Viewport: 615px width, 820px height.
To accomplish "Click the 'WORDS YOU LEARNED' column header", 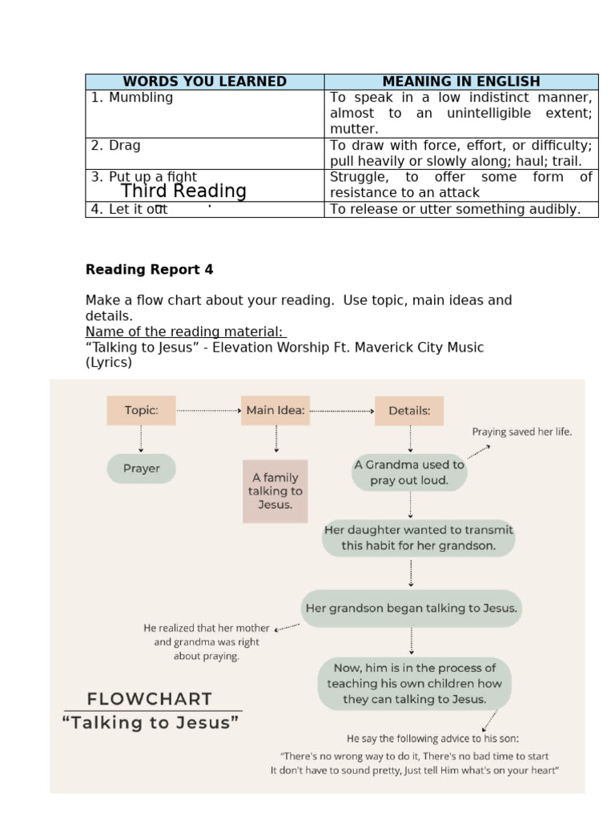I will click(204, 82).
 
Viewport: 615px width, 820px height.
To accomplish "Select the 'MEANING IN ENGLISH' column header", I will click(461, 82).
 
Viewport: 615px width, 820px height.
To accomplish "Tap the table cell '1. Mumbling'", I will click(204, 113).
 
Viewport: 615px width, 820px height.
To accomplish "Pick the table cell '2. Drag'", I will click(204, 153).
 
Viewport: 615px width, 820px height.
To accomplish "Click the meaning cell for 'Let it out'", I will click(461, 209).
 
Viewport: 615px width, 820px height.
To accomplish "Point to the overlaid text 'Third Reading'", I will click(183, 191).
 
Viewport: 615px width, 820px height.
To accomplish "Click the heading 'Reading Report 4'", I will click(150, 270).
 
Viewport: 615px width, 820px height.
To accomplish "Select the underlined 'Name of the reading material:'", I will click(187, 332).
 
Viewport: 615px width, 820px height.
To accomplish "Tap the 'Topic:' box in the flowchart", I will click(141, 411).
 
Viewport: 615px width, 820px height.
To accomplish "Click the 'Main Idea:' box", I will click(275, 411).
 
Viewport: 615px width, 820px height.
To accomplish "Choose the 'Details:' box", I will click(409, 411).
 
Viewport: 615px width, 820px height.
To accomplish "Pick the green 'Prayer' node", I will click(141, 468).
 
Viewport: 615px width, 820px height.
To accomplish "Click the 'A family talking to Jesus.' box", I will click(275, 491).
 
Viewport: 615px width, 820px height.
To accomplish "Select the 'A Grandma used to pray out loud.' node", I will click(409, 472).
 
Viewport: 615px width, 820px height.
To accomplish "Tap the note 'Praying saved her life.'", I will click(522, 432).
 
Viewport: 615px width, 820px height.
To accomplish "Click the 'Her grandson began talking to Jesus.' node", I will click(412, 608).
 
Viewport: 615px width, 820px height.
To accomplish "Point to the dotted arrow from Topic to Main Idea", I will click(208, 411).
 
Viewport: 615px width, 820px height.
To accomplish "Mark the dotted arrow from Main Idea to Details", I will click(342, 411).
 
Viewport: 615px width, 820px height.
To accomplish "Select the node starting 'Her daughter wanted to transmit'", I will click(418, 538).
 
